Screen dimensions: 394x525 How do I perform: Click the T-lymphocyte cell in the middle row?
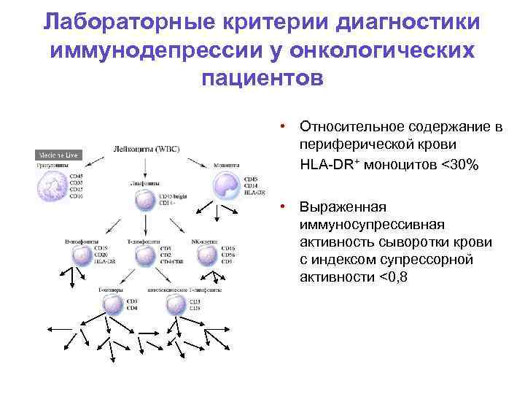(x=146, y=255)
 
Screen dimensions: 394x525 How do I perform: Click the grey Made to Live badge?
(x=58, y=155)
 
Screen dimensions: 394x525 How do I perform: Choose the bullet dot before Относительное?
(x=290, y=128)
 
